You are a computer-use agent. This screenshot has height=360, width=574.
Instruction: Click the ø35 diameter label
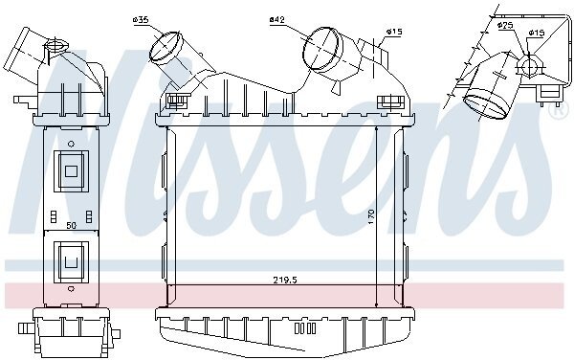tap(141, 20)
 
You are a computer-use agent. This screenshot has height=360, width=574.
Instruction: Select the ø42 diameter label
tap(277, 19)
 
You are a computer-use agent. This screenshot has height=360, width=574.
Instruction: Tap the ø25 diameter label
tap(505, 25)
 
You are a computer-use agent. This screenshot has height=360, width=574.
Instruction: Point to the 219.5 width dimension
tap(285, 281)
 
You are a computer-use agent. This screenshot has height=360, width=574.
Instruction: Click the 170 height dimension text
tap(371, 216)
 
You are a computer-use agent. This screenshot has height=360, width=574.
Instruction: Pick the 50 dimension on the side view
tap(72, 226)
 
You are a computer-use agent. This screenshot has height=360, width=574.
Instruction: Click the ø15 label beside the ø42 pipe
tap(393, 32)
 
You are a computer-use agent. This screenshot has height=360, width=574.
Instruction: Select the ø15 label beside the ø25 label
tap(536, 33)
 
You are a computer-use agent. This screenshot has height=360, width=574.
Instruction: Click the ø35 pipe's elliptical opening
tap(166, 47)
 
